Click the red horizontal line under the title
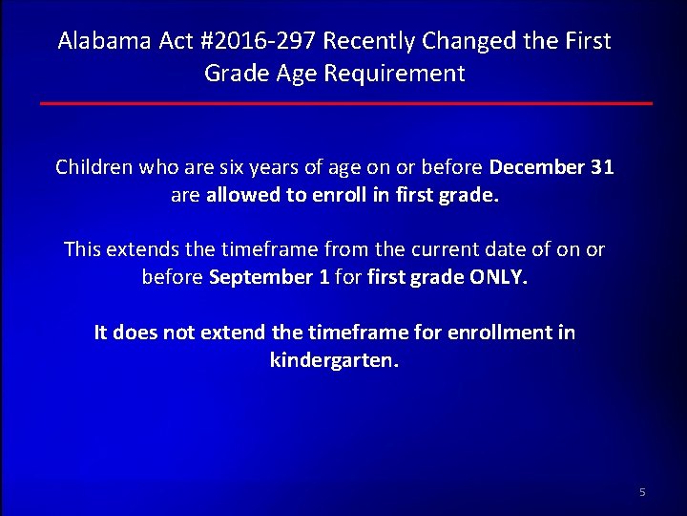[x=345, y=103]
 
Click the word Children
[x=94, y=167]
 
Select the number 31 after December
[x=602, y=167]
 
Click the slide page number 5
[x=642, y=492]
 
